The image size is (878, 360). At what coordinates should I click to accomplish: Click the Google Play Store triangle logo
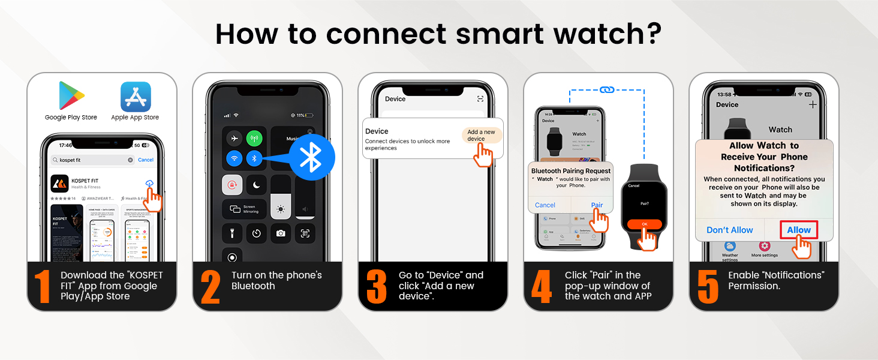71,95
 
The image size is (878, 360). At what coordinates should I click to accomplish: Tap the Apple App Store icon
136,97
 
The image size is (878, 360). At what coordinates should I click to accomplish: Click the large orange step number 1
43,287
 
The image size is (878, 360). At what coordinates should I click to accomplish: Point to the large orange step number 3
376,287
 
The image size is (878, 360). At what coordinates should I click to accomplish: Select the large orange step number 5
708,287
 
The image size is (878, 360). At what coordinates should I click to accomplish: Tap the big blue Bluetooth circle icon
310,157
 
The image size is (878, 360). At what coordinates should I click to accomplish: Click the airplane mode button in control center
234,138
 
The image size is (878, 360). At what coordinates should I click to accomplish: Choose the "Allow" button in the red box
798,230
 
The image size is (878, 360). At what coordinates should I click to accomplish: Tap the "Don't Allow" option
729,230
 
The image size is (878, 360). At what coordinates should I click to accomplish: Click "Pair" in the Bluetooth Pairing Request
597,205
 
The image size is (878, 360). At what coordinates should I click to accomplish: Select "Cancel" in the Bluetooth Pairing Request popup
545,205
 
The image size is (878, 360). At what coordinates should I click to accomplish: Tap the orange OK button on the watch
645,224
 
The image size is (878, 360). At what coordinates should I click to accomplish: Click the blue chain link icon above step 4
606,90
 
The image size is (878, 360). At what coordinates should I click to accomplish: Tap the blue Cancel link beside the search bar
146,160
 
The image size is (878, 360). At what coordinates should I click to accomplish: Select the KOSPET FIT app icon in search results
59,183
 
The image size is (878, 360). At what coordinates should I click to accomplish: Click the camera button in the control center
281,233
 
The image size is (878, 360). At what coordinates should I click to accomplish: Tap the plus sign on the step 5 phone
813,104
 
